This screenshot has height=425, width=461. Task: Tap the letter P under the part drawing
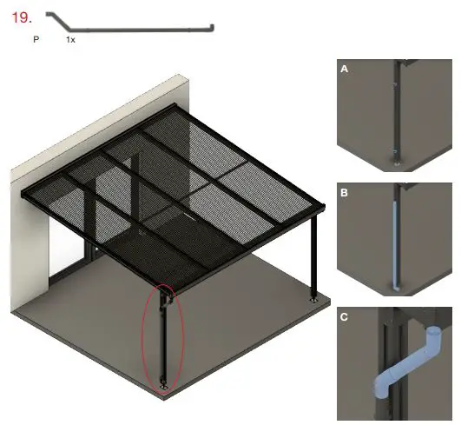[x=36, y=40]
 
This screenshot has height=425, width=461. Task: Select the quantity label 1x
[x=70, y=40]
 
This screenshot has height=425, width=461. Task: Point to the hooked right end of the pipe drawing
[x=211, y=30]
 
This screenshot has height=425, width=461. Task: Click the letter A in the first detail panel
[x=344, y=68]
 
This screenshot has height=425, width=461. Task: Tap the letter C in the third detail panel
[x=345, y=317]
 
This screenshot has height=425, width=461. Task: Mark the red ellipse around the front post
[x=144, y=339]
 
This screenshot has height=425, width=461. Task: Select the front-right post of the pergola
[x=315, y=256]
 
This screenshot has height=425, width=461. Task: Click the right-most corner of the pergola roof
[x=325, y=207]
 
